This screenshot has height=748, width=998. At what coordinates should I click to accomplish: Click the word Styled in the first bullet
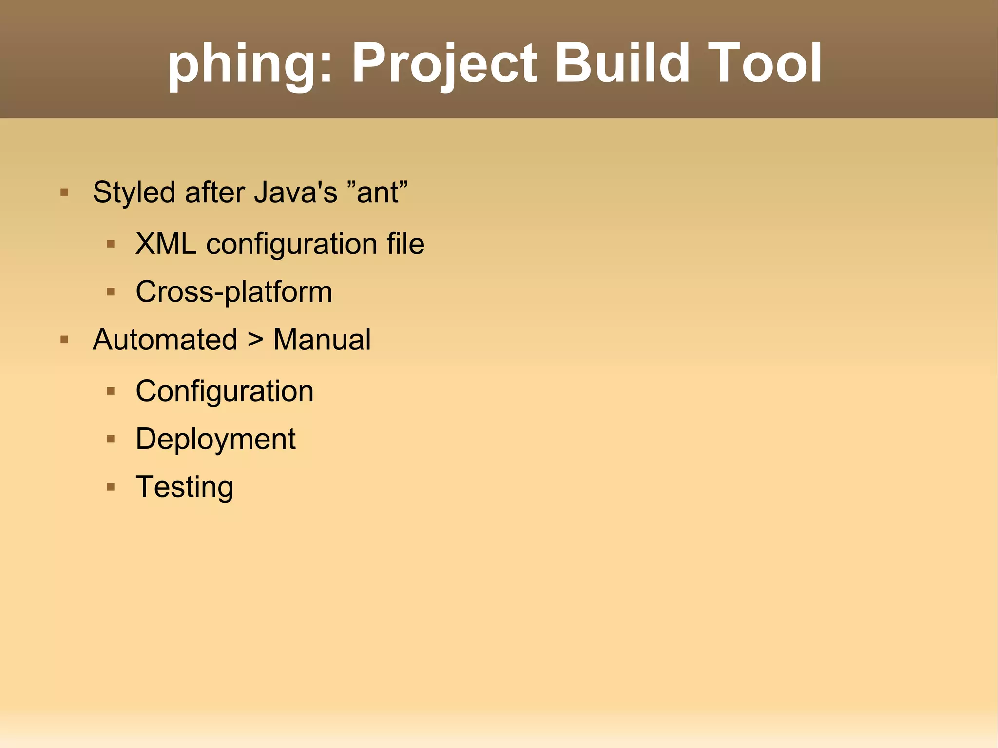pos(134,193)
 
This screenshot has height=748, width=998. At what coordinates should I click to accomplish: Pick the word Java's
pos(296,192)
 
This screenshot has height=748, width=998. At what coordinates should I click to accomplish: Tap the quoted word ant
pos(379,192)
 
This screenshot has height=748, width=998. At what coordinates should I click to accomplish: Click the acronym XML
pos(166,244)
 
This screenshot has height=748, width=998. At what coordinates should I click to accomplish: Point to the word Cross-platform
pos(234,292)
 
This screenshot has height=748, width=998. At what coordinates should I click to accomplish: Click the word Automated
pos(165,339)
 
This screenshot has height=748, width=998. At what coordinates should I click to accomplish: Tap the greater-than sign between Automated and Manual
pos(255,339)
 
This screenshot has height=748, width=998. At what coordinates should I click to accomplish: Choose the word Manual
pos(322,339)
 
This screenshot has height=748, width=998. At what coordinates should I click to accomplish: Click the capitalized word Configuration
pos(225,391)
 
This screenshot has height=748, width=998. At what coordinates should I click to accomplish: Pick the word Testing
pos(185,487)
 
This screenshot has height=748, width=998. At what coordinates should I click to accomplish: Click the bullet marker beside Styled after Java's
pos(64,192)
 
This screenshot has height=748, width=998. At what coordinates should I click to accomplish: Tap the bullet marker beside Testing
pos(111,486)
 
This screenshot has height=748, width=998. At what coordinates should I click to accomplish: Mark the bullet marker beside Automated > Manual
pos(64,339)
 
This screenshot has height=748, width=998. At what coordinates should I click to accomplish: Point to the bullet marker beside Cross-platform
pos(111,292)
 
